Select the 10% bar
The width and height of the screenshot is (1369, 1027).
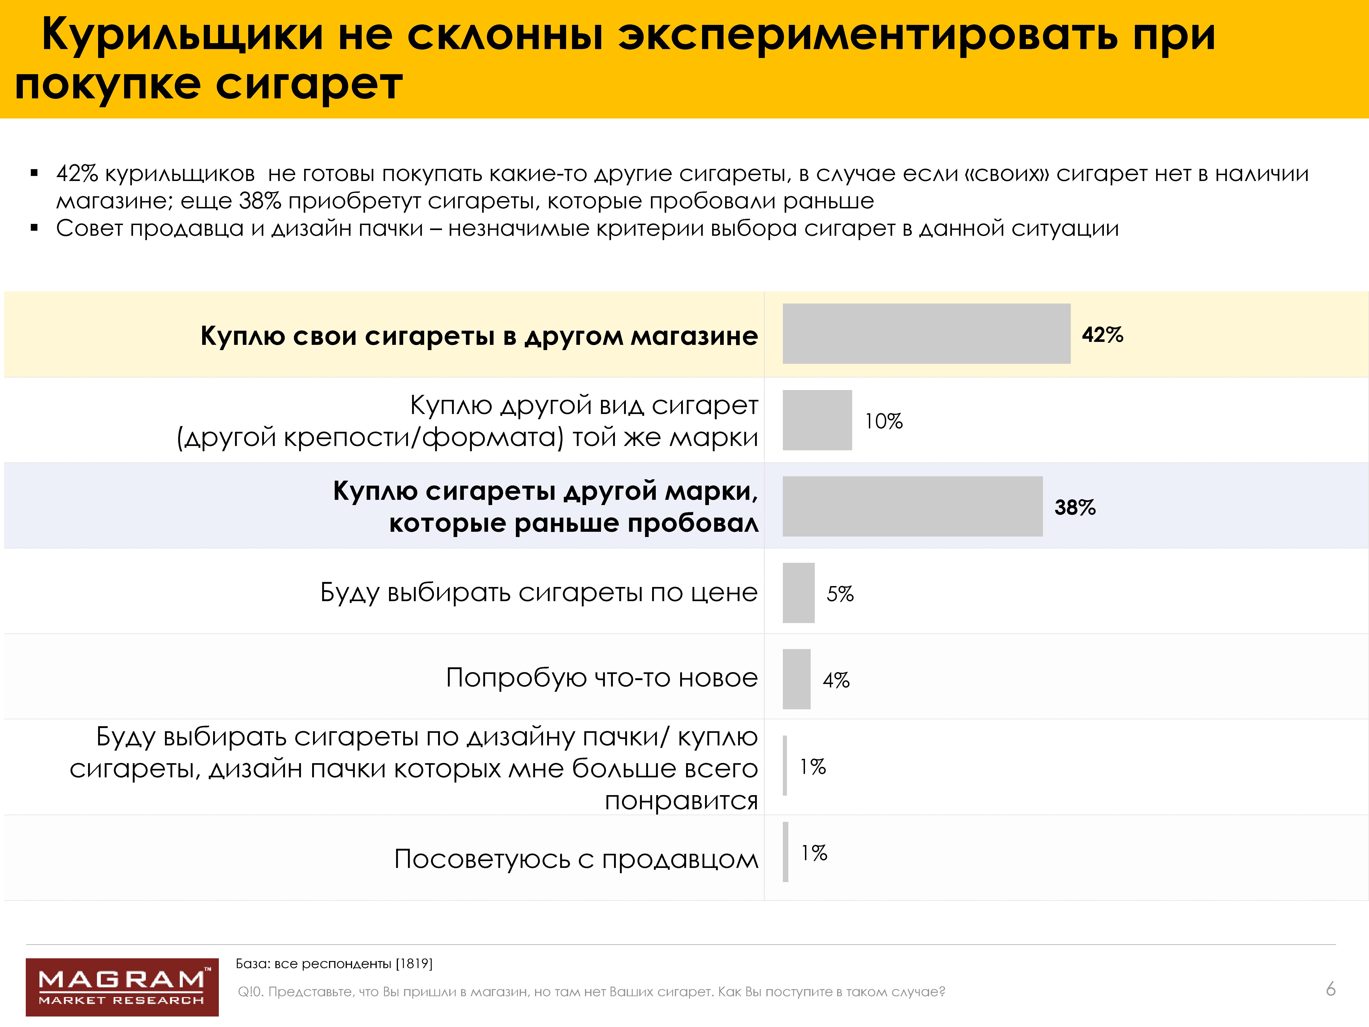point(817,420)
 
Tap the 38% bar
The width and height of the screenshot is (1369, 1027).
point(912,506)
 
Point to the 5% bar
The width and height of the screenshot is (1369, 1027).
point(798,592)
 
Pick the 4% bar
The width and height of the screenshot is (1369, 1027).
point(797,679)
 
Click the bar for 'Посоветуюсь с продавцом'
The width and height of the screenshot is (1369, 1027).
point(785,852)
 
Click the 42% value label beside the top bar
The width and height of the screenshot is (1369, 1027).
point(1102,335)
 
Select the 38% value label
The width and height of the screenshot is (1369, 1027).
point(1075,508)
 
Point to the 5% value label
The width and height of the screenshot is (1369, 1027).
point(840,594)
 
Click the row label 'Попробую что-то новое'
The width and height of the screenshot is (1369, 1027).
point(602,678)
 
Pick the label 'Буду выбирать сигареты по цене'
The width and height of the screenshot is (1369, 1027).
point(538,592)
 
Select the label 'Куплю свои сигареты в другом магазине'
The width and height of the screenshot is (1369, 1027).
point(479,336)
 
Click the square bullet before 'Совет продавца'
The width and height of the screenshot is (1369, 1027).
point(35,228)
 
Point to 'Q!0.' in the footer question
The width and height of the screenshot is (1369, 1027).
point(251,992)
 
